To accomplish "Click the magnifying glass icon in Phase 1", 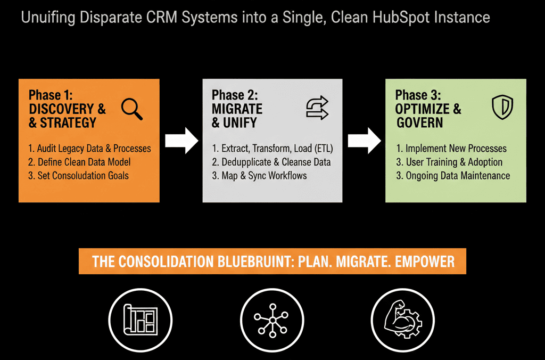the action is coord(132,109).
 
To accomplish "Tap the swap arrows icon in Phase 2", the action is coord(317,108).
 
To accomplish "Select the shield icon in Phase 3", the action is coord(502,107).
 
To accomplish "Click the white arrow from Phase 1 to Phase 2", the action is coord(181,141).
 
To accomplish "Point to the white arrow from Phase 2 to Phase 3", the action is coord(364,141).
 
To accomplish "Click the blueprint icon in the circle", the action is coord(141,320).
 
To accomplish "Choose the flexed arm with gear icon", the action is coord(403,320).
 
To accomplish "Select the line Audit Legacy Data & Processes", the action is coord(89,149).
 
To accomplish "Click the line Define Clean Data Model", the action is coord(79,162).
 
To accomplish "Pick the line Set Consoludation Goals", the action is coord(78,176).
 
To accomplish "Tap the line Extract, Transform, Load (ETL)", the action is coord(272,149).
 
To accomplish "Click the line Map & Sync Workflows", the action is coord(259,176).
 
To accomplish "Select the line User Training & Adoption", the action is coord(449,162).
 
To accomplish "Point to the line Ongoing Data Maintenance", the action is coord(453,176).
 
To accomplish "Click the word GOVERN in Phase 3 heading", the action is coord(419,122).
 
